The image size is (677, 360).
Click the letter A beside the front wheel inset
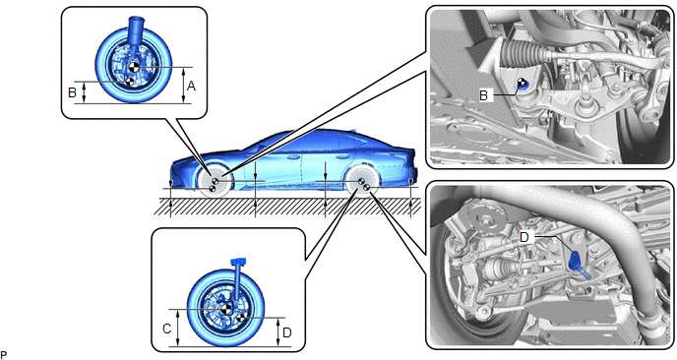pos(191,87)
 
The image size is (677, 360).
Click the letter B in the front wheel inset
pos(72,91)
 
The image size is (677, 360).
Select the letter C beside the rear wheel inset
pos(167,329)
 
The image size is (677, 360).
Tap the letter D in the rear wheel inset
pos(287,332)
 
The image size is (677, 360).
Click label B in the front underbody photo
pos(483,95)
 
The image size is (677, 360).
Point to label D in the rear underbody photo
pos(524,237)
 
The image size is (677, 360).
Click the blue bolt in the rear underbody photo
pos(578,265)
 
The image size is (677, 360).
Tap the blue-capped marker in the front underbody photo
pos(522,85)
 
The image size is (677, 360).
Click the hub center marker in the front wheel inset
pos(134,67)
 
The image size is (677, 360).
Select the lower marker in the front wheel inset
pos(129,82)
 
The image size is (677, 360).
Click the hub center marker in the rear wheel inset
pos(225,309)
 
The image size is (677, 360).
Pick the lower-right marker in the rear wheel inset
pos(240,318)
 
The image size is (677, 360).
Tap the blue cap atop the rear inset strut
pos(238,261)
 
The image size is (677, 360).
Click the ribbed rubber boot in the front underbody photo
pos(521,51)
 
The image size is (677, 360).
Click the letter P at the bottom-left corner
pos(4,355)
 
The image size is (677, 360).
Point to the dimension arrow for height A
pos(183,86)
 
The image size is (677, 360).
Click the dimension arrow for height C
pos(178,329)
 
